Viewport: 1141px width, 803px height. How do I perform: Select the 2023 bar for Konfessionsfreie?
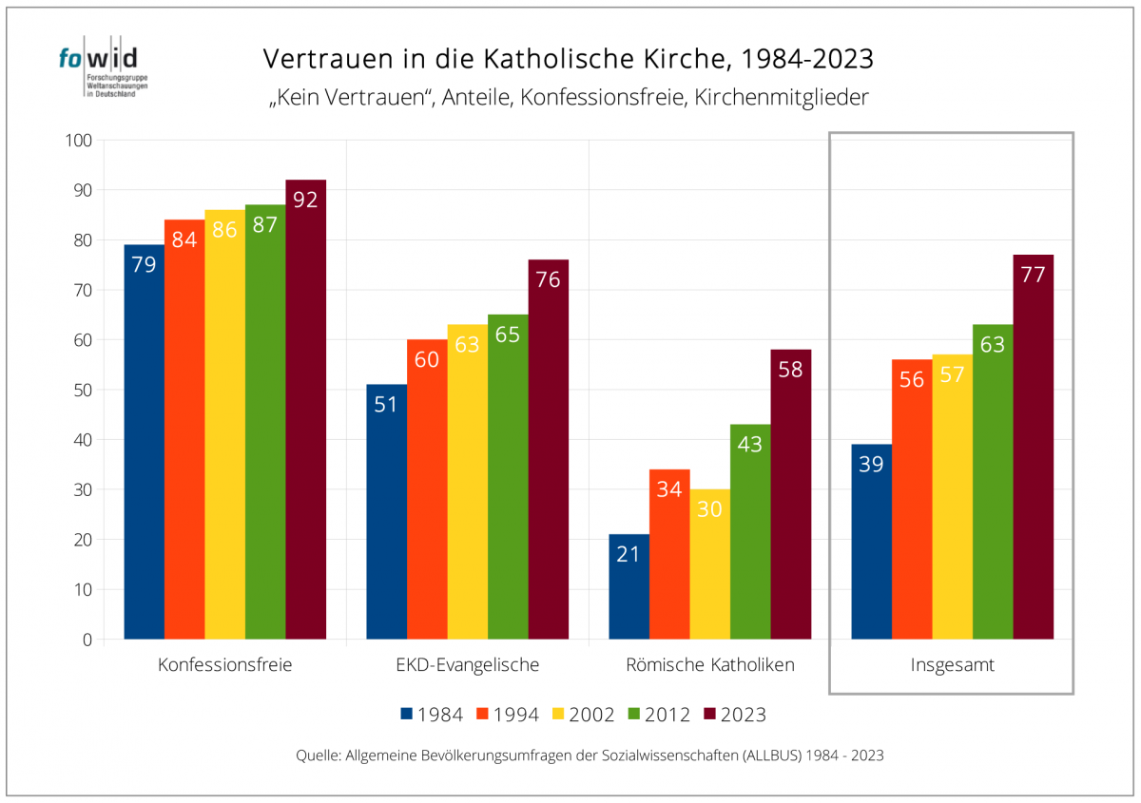[x=305, y=409]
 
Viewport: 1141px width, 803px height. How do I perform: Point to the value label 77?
[x=1033, y=276]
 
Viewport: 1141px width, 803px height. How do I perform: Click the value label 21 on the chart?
[x=629, y=554]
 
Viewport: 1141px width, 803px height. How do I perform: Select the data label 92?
[x=305, y=200]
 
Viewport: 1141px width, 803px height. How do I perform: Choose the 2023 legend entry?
[x=733, y=715]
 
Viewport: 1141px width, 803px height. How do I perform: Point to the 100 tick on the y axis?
[x=78, y=141]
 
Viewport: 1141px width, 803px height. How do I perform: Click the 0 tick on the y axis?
[x=87, y=640]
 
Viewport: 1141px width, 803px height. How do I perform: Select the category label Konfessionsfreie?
[x=224, y=665]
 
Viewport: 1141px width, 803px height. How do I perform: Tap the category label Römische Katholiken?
[x=709, y=665]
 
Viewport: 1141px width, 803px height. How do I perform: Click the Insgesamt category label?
[x=952, y=665]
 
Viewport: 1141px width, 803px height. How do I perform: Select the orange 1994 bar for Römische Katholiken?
[x=669, y=554]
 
